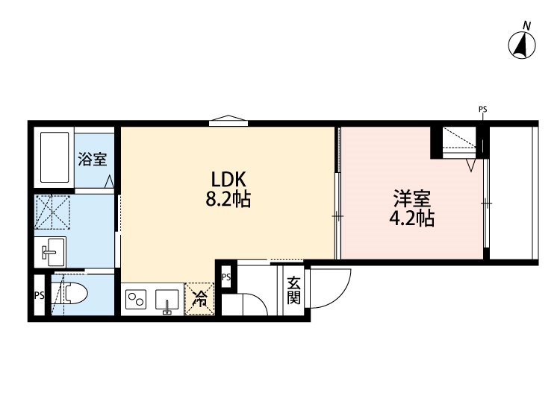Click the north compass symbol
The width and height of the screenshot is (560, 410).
coord(523,45)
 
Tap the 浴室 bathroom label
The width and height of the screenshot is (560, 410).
coord(93,159)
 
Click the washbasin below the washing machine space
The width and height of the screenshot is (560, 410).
coord(53,252)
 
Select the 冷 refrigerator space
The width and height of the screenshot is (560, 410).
coord(200,300)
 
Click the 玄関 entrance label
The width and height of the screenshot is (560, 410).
coord(293,290)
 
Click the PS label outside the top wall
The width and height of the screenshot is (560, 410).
coord(482,110)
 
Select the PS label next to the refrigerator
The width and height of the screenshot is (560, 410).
coord(225,277)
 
